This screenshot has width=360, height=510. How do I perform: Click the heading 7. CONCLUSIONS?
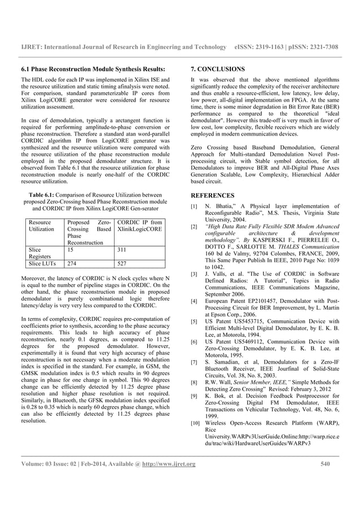(218, 69)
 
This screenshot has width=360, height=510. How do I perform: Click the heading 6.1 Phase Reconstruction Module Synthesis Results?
(93, 69)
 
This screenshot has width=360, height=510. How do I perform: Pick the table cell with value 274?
(73, 263)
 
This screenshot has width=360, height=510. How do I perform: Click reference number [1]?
(195, 207)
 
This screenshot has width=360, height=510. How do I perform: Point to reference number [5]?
(195, 321)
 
